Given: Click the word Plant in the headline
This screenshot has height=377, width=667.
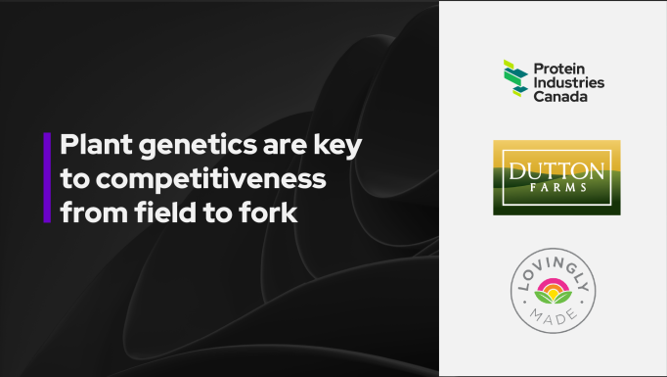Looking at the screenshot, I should (x=89, y=147).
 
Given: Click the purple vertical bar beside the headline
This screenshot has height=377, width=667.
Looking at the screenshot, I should (x=46, y=178).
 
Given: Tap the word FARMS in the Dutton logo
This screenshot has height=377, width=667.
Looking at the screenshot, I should (x=556, y=183).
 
